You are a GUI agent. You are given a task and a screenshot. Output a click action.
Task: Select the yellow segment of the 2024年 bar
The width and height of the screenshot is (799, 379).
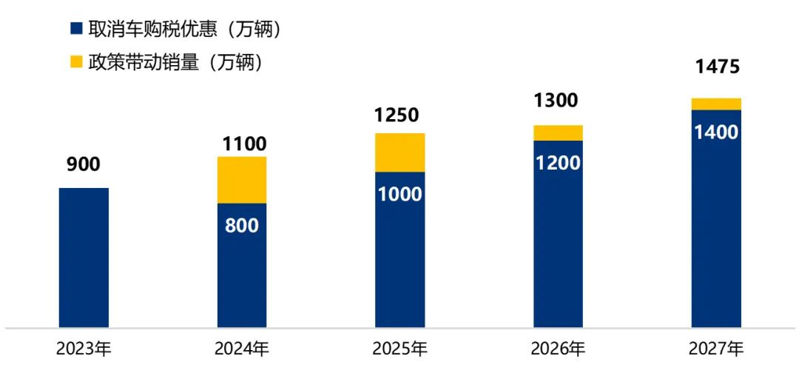point(242,180)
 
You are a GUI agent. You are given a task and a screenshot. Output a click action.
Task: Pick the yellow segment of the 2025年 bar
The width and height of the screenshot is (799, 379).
point(400,152)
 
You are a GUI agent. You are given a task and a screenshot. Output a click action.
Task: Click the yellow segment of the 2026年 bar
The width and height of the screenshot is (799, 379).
point(558,133)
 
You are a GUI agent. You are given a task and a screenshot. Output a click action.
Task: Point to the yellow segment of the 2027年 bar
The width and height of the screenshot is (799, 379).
point(716,104)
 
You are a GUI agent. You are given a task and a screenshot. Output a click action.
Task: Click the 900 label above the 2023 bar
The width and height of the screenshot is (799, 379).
point(84,165)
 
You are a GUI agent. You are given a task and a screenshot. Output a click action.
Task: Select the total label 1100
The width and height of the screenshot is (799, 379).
point(243,144)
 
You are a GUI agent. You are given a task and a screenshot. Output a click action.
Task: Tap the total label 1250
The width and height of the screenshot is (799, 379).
point(396,115)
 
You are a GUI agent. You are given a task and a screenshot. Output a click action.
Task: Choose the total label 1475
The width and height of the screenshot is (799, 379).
point(717,67)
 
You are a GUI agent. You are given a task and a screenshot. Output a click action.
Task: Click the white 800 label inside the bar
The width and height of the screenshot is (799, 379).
point(242,225)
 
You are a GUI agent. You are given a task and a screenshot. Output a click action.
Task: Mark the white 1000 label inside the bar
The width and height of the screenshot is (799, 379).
point(400,195)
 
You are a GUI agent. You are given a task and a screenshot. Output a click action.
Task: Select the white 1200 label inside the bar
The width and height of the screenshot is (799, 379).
point(558,164)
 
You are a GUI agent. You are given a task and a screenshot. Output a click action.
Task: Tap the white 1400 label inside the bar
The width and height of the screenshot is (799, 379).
point(716,133)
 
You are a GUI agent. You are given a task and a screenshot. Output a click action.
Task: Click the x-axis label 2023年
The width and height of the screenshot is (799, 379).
point(84,349)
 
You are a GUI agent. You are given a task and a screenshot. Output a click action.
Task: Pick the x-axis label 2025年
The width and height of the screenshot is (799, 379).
point(400,349)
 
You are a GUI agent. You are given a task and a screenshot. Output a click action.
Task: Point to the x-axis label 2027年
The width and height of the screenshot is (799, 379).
point(716,349)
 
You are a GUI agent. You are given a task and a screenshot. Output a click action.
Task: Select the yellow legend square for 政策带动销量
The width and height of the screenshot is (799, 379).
point(75,63)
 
